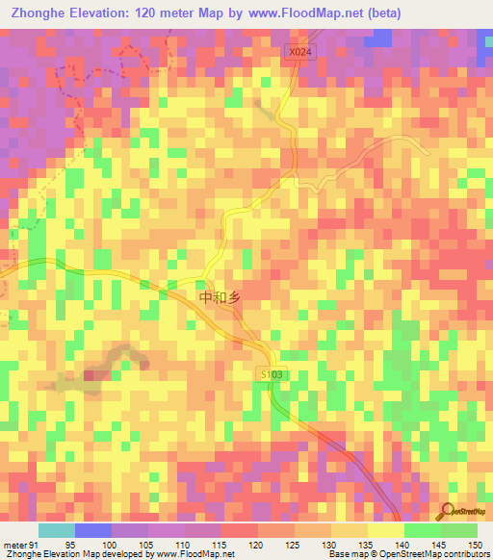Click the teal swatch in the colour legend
coord(57,530)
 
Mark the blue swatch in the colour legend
coord(93,530)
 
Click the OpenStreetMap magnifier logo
coord(450,510)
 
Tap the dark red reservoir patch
coord(95,374)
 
